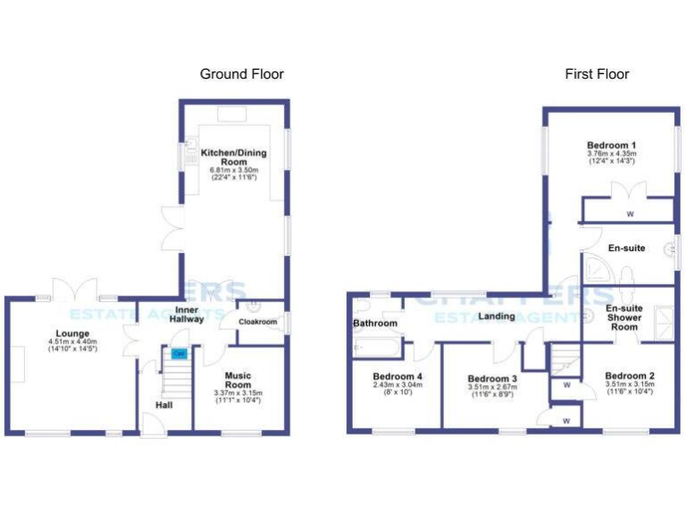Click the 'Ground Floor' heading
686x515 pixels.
pyautogui.click(x=241, y=74)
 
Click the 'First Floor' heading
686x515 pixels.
pyautogui.click(x=597, y=74)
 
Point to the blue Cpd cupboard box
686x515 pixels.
pyautogui.click(x=180, y=354)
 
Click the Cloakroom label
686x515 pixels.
pyautogui.click(x=256, y=322)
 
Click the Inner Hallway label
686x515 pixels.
pyautogui.click(x=186, y=314)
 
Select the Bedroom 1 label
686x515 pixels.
pyautogui.click(x=612, y=146)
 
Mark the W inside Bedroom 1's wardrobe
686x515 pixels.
pyautogui.click(x=630, y=215)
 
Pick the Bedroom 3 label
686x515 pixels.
pyautogui.click(x=492, y=379)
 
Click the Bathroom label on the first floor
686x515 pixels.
pyautogui.click(x=374, y=323)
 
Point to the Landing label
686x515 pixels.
pyautogui.click(x=498, y=317)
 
